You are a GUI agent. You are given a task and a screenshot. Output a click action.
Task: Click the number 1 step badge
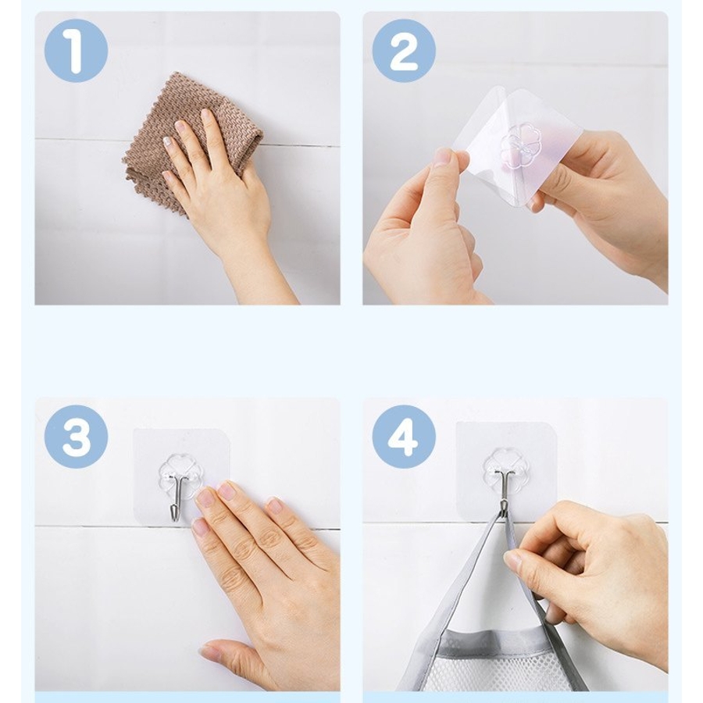(77, 50)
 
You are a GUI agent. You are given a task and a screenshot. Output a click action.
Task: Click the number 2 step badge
(404, 50)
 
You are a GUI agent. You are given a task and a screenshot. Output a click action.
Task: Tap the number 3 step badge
(77, 437)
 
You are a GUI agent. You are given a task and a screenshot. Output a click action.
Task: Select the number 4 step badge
(404, 437)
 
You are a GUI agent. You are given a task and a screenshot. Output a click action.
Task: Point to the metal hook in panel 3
(175, 497)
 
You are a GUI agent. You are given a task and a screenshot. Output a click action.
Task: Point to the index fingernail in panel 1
(205, 116)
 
